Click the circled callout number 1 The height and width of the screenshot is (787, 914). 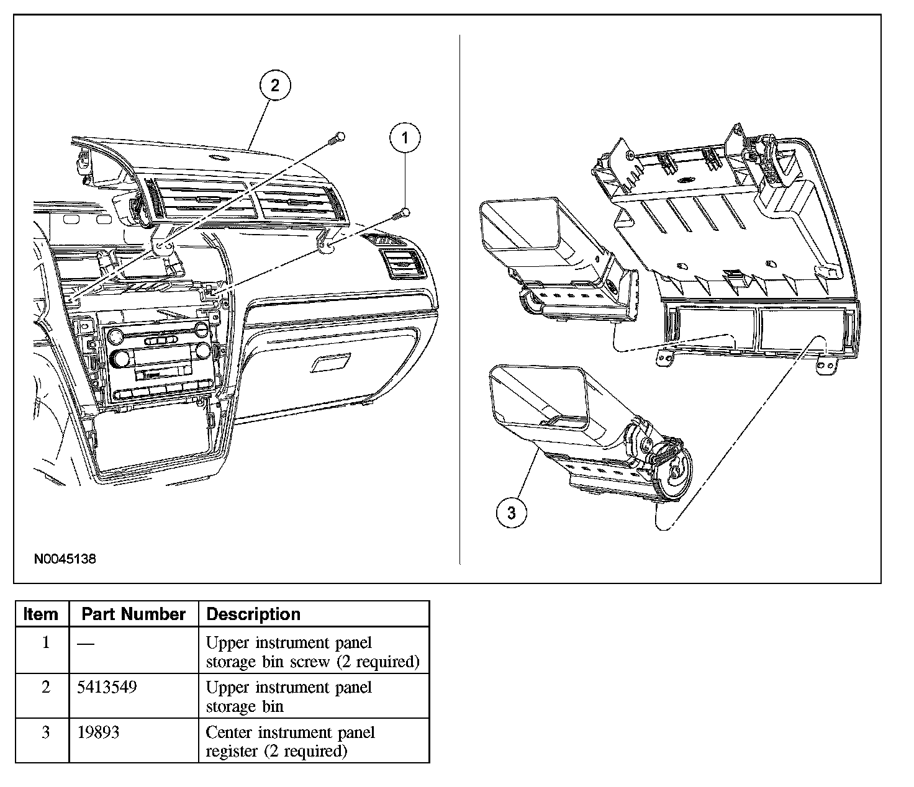click(405, 137)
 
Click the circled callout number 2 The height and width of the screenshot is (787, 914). click(274, 85)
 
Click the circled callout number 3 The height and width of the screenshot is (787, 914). click(512, 513)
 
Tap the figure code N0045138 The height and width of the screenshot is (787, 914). click(65, 559)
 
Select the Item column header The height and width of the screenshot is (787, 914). click(40, 614)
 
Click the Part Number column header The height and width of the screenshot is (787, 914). click(133, 614)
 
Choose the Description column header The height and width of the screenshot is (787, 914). click(253, 614)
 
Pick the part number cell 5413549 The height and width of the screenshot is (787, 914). click(107, 688)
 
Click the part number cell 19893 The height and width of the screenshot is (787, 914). click(98, 732)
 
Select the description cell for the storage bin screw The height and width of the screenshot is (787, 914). click(312, 652)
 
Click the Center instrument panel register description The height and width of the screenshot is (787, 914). click(290, 742)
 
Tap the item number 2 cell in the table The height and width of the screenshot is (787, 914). click(45, 688)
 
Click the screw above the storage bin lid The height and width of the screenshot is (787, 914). click(337, 137)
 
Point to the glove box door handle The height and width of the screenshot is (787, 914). click(330, 363)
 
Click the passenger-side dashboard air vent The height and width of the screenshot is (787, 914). click(404, 263)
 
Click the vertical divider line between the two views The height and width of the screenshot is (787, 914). click(459, 298)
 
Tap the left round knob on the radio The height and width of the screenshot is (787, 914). click(116, 337)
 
